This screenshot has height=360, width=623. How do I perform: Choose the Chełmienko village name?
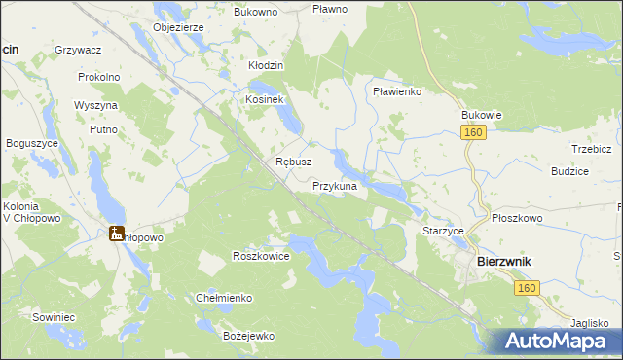(x=225, y=298)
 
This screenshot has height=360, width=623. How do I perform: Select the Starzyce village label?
(x=443, y=231)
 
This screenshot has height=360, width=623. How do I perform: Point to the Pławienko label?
(x=396, y=91)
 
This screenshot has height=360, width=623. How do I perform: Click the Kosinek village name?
(x=264, y=100)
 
